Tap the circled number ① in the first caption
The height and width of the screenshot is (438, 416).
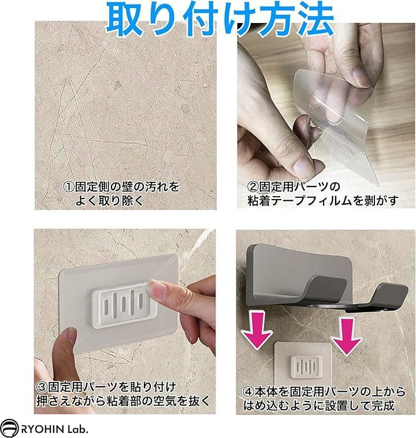69,187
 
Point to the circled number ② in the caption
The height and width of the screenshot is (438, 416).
252,187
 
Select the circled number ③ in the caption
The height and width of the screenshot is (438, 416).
42,387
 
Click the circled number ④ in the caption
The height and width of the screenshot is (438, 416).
248,392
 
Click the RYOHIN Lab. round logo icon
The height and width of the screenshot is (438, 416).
9,428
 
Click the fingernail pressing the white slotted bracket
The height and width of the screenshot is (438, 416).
155,289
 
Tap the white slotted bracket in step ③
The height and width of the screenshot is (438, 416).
124,305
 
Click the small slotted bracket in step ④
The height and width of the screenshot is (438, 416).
306,367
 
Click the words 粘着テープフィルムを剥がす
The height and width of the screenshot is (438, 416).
323,201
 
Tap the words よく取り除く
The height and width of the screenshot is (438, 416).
109,201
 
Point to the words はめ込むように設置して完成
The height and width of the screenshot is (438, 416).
319,406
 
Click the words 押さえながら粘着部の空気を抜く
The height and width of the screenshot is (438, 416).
123,401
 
